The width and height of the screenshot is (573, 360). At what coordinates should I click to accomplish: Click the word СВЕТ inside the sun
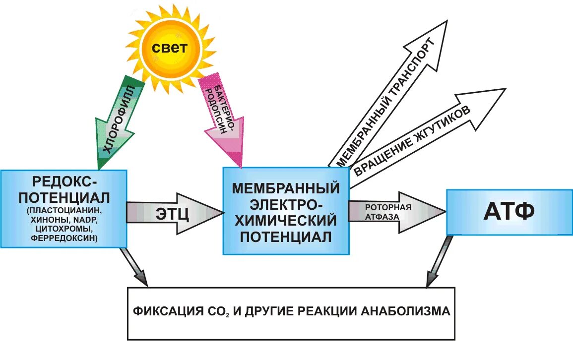(170, 48)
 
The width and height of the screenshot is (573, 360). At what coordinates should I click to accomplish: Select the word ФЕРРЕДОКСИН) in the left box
(63, 239)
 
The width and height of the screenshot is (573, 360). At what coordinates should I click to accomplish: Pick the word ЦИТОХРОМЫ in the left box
(63, 229)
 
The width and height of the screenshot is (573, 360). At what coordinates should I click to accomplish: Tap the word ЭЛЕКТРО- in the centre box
(286, 204)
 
